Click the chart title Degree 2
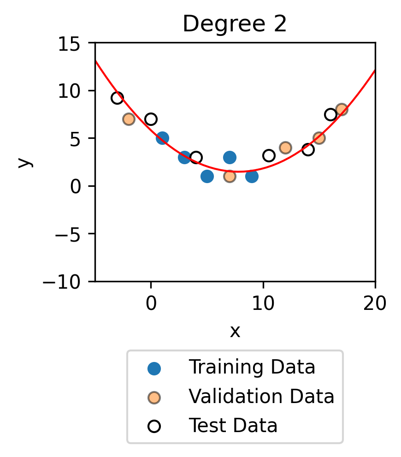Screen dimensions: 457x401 pyautogui.click(x=235, y=24)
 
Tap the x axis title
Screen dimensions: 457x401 pyautogui.click(x=235, y=330)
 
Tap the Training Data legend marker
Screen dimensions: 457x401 pyautogui.click(x=154, y=368)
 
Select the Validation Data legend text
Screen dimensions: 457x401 pyautogui.click(x=261, y=397)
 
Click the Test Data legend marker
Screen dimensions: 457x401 pyautogui.click(x=154, y=425)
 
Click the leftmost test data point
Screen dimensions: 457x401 pyautogui.click(x=117, y=98)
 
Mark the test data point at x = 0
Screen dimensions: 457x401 pyautogui.click(x=151, y=119)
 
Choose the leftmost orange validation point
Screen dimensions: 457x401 pyautogui.click(x=129, y=119)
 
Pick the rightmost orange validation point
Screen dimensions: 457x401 pyautogui.click(x=342, y=109)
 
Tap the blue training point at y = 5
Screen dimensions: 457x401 pyautogui.click(x=162, y=138)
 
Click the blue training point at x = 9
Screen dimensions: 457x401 pyautogui.click(x=252, y=176)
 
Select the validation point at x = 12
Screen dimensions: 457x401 pyautogui.click(x=285, y=148)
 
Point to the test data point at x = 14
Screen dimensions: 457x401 pyautogui.click(x=308, y=149)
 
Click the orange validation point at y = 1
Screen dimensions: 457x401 pyautogui.click(x=230, y=176)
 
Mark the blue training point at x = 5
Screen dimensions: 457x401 pyautogui.click(x=207, y=176)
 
